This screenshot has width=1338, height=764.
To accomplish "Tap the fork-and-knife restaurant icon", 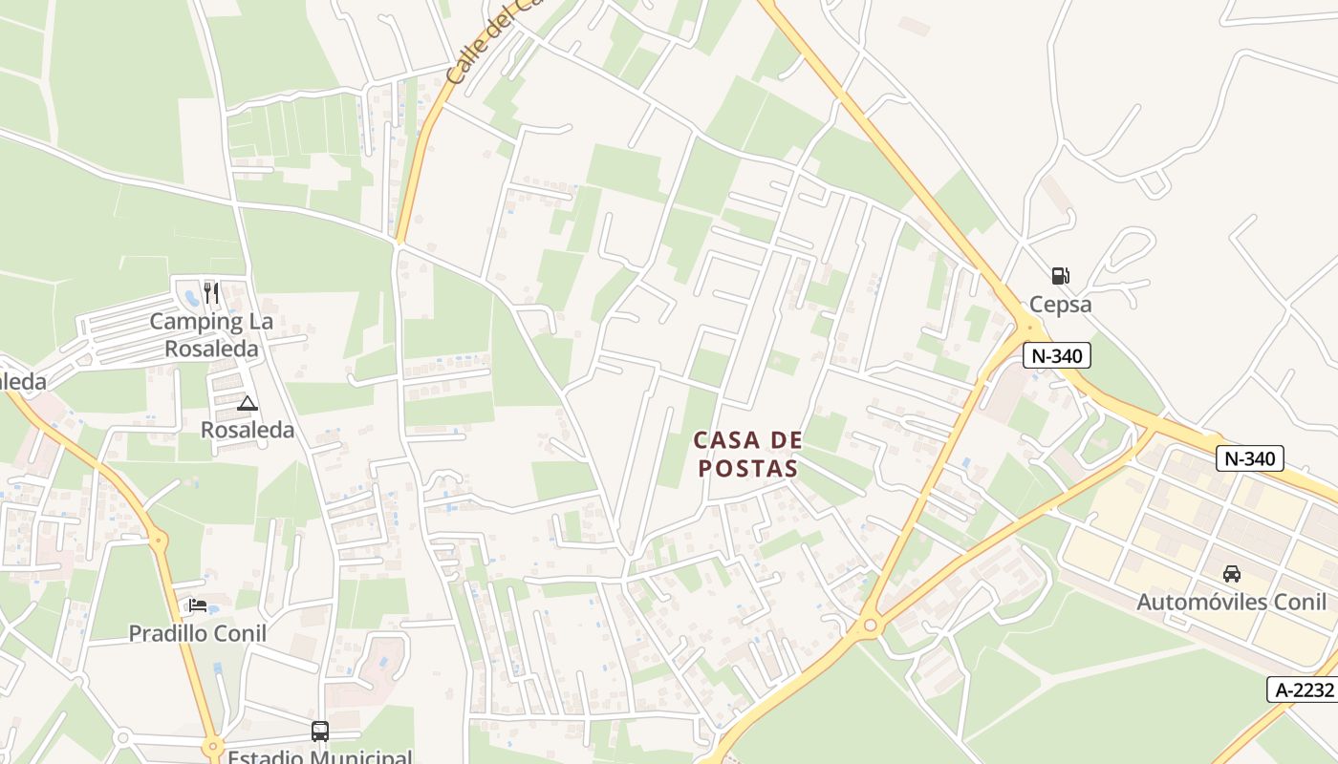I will click(x=211, y=292).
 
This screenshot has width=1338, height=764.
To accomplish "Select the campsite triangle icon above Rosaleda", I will click(x=248, y=403).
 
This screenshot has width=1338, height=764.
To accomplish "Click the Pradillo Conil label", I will click(x=198, y=633).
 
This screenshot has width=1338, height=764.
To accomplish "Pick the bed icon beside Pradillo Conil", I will click(x=198, y=605).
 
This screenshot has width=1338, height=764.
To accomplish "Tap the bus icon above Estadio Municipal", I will click(x=320, y=732).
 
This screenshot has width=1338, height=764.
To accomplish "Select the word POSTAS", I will click(x=747, y=468).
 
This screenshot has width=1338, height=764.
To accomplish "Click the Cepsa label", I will click(x=1060, y=305).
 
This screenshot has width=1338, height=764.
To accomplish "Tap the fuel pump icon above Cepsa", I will click(x=1060, y=276).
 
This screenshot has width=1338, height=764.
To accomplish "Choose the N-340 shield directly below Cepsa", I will click(x=1056, y=356).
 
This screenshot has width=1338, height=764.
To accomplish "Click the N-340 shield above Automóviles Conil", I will click(x=1250, y=458).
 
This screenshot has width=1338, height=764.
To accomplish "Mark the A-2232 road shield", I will click(x=1302, y=690).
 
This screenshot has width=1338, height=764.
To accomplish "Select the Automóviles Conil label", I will click(x=1231, y=602).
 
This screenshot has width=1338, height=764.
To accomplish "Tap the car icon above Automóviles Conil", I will click(x=1232, y=574).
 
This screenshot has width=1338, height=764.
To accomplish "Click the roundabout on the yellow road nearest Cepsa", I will click(x=1028, y=328).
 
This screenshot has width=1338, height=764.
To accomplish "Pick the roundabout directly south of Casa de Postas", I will click(x=870, y=626).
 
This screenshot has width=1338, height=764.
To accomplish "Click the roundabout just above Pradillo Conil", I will click(x=159, y=541).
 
